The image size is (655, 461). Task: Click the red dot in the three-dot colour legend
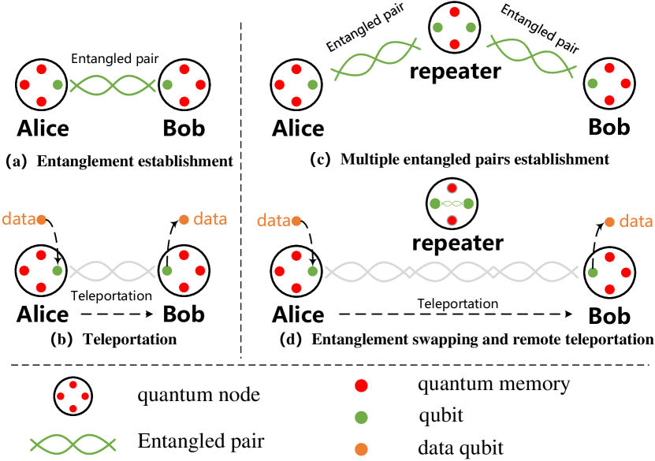pos(362,385)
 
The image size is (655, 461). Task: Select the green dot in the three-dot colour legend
pos(362,417)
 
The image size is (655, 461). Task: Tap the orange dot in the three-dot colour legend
pos(362,449)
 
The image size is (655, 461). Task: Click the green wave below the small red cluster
pos(73,444)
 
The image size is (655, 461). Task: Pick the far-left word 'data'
pos(18,219)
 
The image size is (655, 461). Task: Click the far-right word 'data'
pos(635,221)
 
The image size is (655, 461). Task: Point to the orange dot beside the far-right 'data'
pos(609,222)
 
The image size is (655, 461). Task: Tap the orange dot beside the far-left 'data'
pos(41,220)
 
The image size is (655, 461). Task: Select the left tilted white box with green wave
pos(375,59)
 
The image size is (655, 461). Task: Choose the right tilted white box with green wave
pos(531,57)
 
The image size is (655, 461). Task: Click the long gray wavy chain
pos(451,272)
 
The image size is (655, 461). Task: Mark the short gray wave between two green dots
pos(112,271)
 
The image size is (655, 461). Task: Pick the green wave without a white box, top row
pos(112,85)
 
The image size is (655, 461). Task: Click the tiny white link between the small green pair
pos(452,204)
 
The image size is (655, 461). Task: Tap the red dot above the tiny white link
pos(452,188)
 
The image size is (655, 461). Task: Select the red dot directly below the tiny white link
pos(452,221)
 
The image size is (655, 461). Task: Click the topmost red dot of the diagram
pos(454,12)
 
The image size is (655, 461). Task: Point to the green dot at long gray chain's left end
pos(313,271)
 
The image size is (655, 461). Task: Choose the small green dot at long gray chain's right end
pos(593,273)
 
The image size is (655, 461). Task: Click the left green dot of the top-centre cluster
pos(437,28)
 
